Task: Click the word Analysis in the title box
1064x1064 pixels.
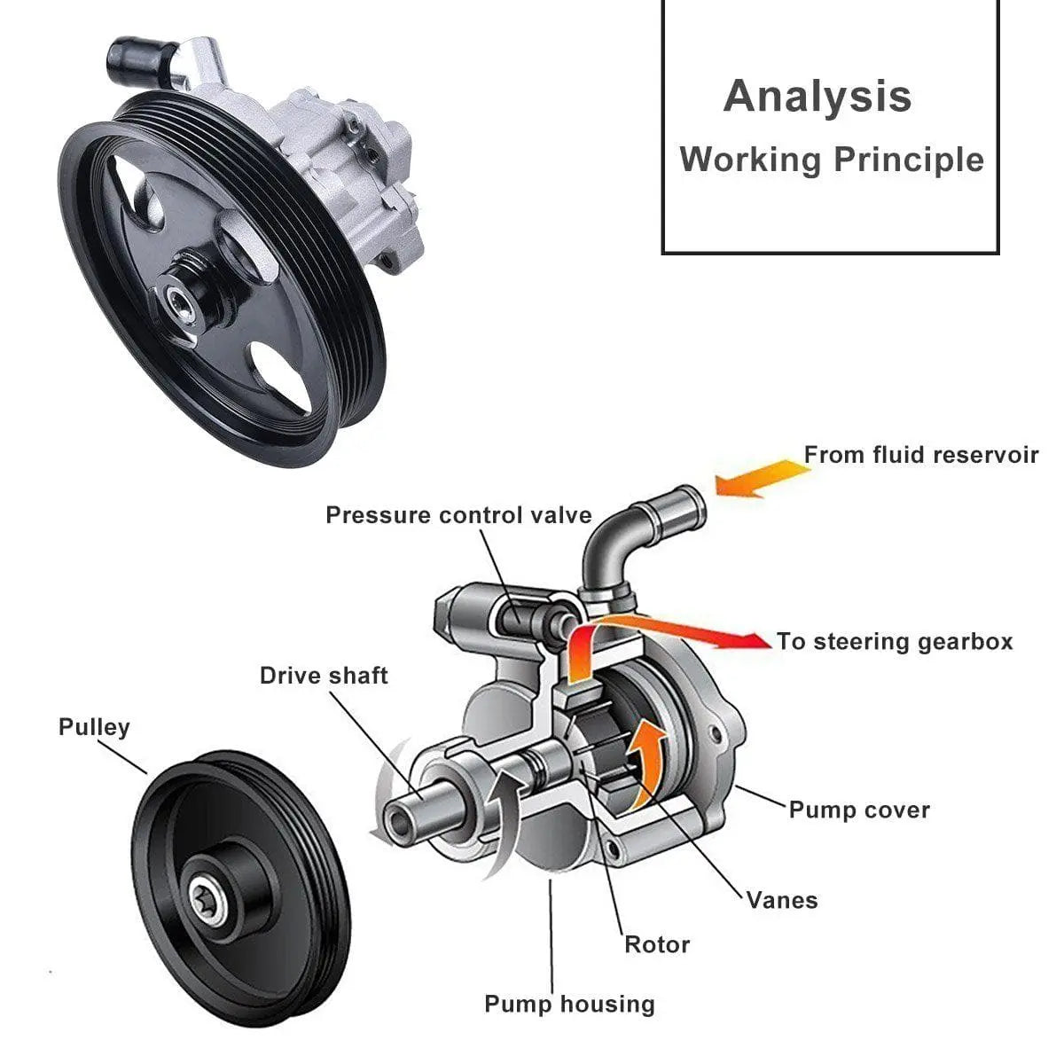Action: point(817,96)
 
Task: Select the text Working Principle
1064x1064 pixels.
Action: point(832,160)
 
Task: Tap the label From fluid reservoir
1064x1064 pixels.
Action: point(920,455)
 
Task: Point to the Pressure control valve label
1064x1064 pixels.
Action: point(458,515)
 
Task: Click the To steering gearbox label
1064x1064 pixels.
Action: point(894,641)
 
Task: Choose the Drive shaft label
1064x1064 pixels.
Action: point(324,676)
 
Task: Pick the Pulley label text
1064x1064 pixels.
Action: point(94,727)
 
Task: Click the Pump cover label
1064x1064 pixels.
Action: point(859,810)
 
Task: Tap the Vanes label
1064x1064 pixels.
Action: point(781,900)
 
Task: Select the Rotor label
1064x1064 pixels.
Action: point(657,944)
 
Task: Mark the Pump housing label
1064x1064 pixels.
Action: point(569,1004)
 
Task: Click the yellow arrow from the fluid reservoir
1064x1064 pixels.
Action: point(758,479)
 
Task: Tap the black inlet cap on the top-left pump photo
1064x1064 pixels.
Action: point(126,59)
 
